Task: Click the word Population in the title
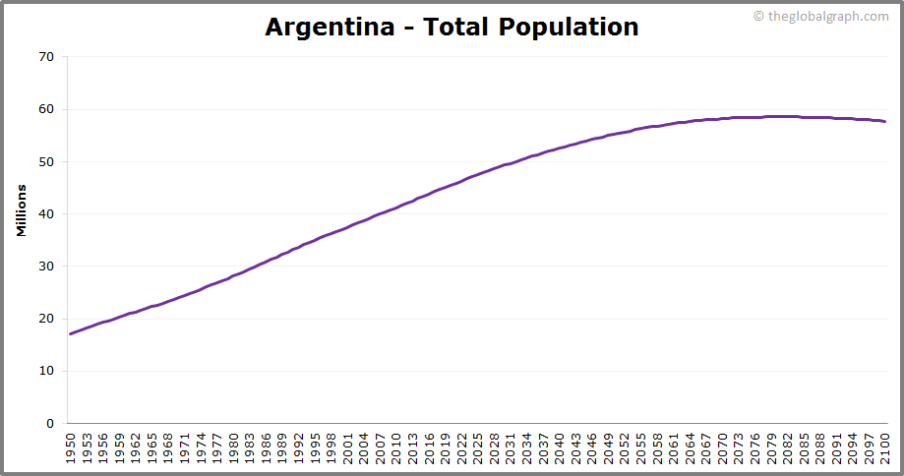tap(568, 27)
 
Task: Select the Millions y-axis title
tap(20, 208)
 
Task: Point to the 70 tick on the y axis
tap(46, 57)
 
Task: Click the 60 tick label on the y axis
tap(46, 109)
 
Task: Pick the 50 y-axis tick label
tap(46, 161)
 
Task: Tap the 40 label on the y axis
tap(46, 213)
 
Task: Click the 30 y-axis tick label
tap(46, 267)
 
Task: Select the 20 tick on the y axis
tap(46, 319)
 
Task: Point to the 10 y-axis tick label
tap(46, 371)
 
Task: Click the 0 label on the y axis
tap(50, 424)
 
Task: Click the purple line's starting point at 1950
tap(70, 334)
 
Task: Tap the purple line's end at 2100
tap(885, 122)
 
